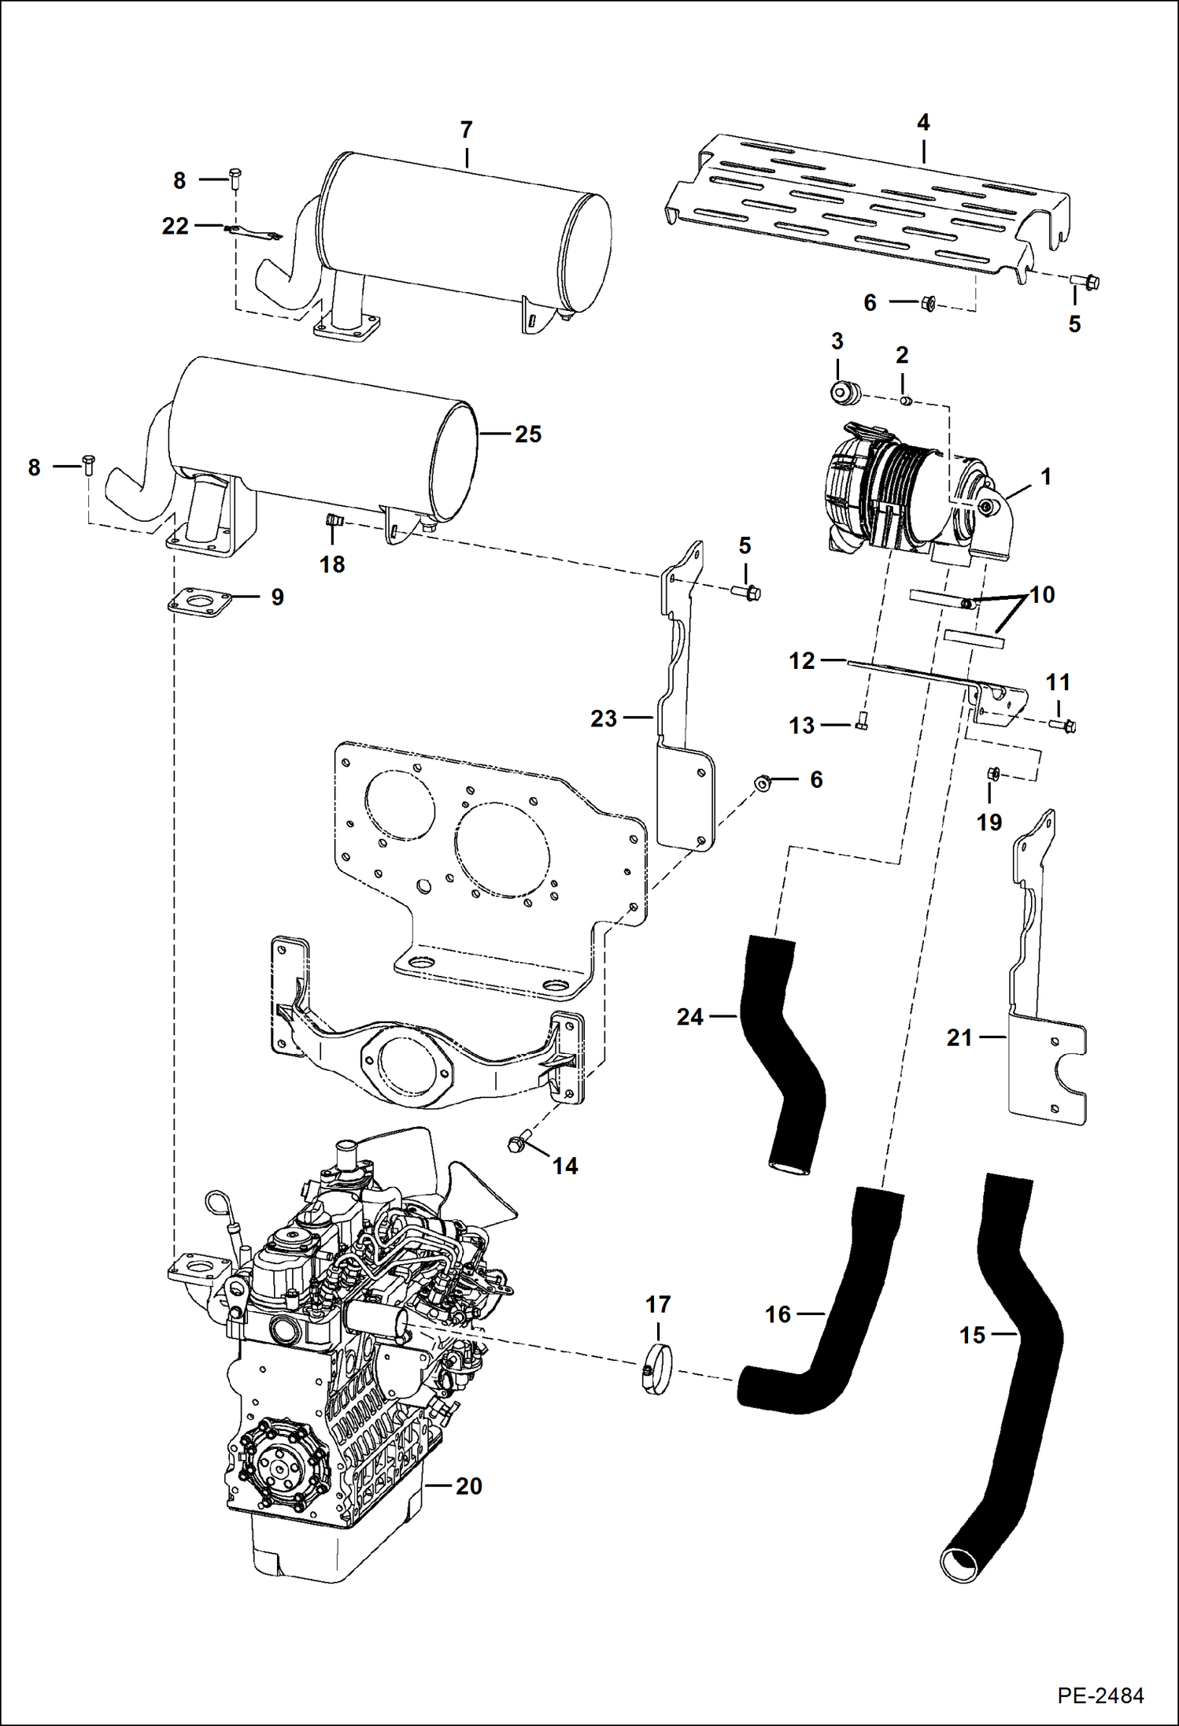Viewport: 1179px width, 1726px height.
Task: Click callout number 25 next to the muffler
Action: (x=528, y=434)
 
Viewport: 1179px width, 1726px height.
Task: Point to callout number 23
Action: (x=604, y=719)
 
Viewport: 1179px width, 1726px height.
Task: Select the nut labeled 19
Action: (x=992, y=774)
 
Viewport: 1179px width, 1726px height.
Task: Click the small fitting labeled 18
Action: (x=332, y=520)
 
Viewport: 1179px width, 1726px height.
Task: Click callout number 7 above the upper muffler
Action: (x=466, y=130)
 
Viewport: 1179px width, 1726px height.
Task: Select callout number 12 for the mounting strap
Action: (x=801, y=660)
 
